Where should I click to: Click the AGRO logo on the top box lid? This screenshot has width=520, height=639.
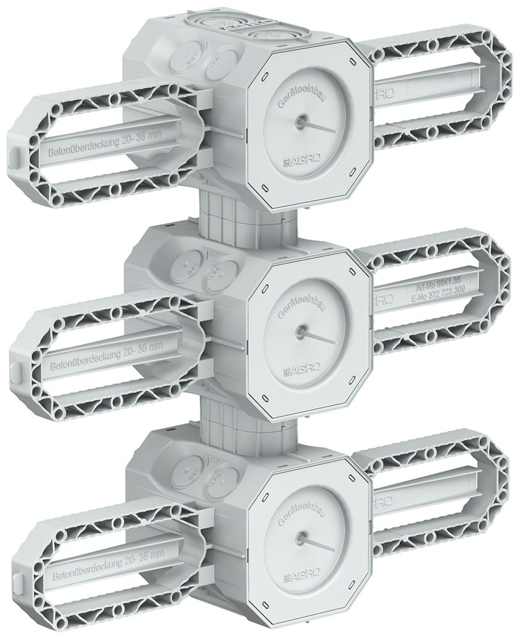tap(305, 160)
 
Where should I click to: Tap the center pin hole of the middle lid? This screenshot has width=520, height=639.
tap(298, 332)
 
